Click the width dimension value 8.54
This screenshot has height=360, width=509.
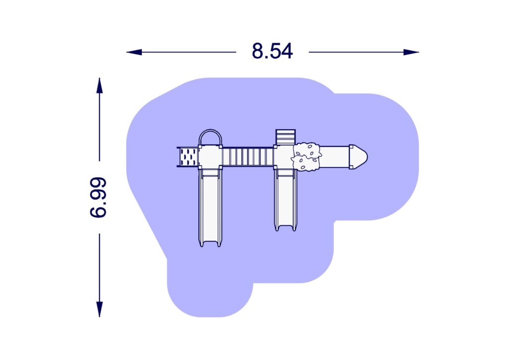[x=272, y=51]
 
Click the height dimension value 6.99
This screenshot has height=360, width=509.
[x=98, y=197]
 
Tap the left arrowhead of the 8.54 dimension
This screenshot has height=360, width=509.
[x=134, y=52]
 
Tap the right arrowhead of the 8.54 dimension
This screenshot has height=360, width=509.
[x=411, y=52]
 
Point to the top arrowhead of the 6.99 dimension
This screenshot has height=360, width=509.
[x=99, y=86]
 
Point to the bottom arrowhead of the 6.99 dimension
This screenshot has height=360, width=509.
[x=99, y=309]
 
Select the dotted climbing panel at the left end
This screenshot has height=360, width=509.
[x=188, y=157]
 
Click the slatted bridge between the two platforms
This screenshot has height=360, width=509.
[x=248, y=157]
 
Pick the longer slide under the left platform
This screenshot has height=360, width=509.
[x=210, y=208]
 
